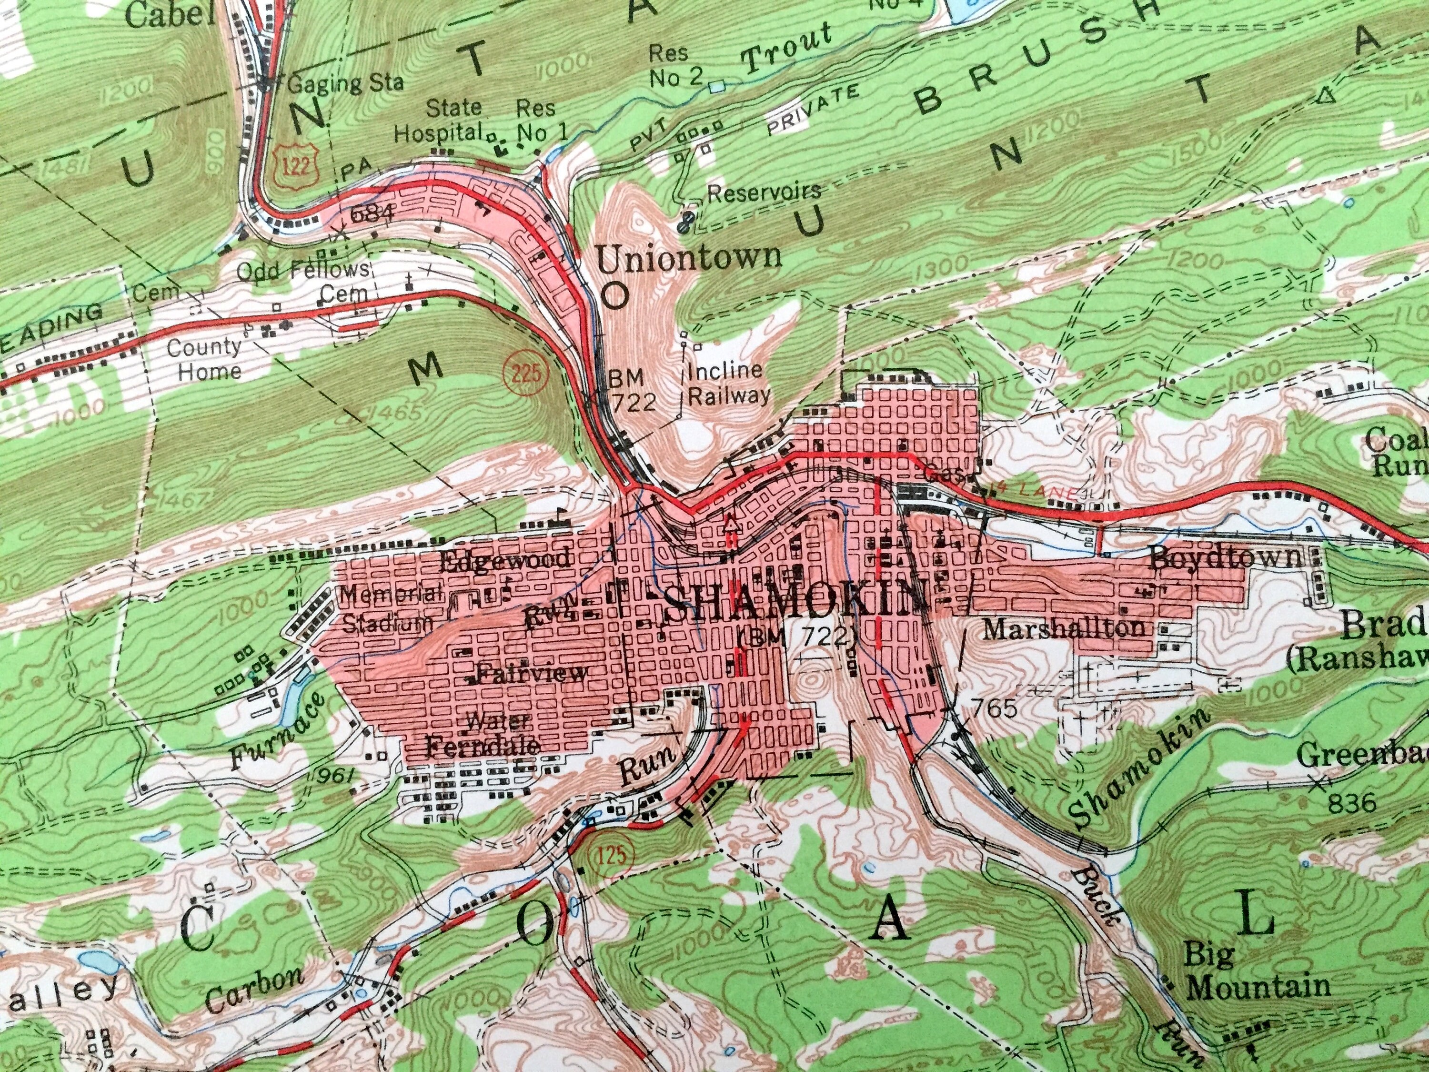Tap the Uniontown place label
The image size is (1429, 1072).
tap(688, 258)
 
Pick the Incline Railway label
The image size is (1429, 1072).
tap(727, 383)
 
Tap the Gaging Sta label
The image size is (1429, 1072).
tap(346, 83)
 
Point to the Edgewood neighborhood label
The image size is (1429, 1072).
tap(505, 559)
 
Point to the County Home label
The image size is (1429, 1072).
tap(205, 359)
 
